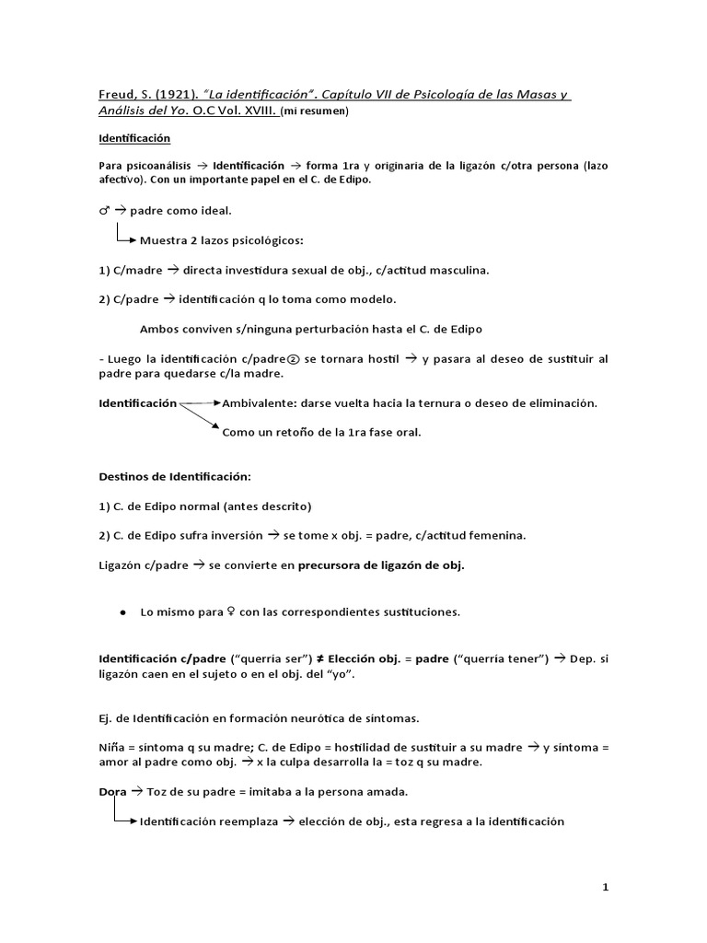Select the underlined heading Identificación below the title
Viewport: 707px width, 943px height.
(134, 138)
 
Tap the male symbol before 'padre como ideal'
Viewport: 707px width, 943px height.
(104, 211)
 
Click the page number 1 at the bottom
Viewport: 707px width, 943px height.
(605, 887)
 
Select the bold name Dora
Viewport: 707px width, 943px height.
(111, 791)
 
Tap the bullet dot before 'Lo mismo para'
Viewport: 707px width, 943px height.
(122, 612)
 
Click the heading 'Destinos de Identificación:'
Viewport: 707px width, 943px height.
(174, 477)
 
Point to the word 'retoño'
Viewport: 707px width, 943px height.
(294, 432)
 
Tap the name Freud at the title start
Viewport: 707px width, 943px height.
(115, 95)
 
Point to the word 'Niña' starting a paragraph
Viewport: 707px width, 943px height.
(110, 746)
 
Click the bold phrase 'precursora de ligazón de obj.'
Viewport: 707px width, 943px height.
(381, 566)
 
